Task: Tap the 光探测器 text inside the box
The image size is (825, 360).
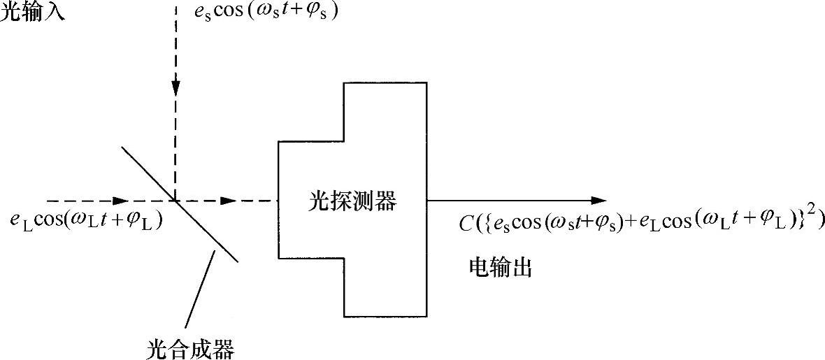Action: tap(352, 202)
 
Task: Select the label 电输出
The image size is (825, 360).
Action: tap(500, 268)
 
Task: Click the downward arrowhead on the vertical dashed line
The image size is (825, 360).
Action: tap(175, 87)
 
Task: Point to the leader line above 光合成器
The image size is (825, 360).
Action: tap(199, 294)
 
